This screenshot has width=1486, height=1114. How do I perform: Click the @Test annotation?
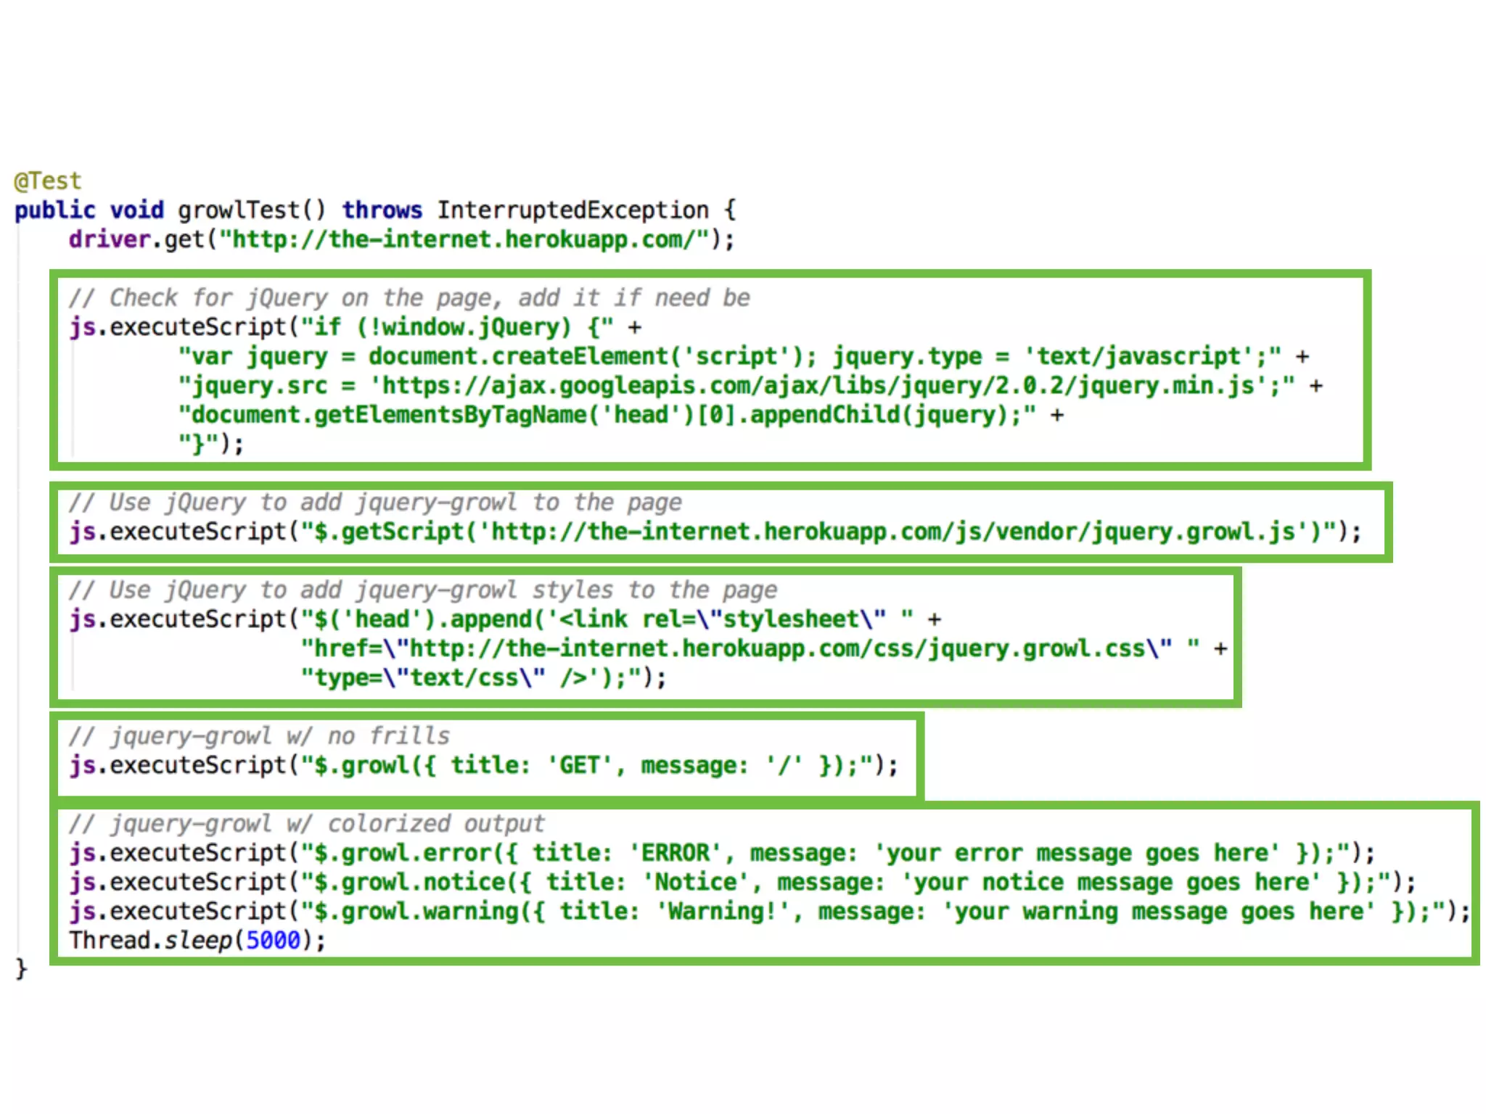point(48,181)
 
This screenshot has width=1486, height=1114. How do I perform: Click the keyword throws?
point(382,210)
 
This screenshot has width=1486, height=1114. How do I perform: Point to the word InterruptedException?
point(572,210)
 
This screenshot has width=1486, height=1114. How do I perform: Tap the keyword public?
point(54,210)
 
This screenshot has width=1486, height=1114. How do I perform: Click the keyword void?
point(136,210)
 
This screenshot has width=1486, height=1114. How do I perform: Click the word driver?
point(110,239)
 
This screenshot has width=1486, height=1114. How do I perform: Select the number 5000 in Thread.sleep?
point(273,941)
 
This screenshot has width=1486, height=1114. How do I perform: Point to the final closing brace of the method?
point(21,969)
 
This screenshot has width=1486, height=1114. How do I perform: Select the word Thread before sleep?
point(110,941)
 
